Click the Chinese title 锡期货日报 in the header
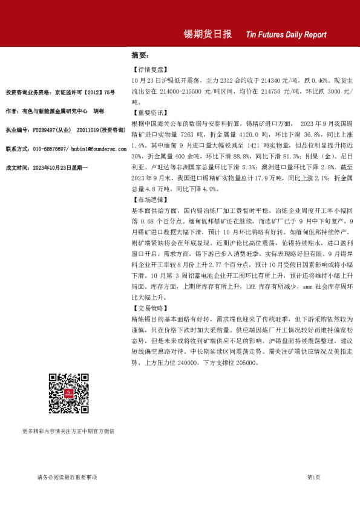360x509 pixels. [x=208, y=34]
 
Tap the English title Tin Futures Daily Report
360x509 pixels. [x=286, y=35]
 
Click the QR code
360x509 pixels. [x=68, y=394]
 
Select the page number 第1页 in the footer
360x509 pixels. [x=313, y=478]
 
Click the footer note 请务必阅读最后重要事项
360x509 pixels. [x=67, y=478]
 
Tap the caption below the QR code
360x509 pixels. [x=68, y=431]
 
